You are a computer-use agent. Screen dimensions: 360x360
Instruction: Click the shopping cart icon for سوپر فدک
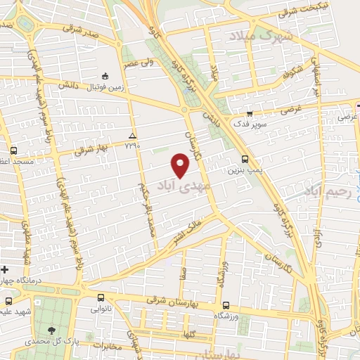pos(249,112)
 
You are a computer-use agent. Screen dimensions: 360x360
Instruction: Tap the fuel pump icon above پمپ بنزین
pos(245,159)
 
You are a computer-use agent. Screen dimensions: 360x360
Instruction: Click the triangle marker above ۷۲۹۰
pos(132,135)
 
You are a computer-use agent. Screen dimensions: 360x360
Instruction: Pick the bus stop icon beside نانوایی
pos(101,297)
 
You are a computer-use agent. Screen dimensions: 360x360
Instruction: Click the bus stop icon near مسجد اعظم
pos(14,150)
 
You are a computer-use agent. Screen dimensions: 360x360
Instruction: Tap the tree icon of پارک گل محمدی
pos(51,329)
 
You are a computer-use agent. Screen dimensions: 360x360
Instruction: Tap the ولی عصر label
pos(141,63)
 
